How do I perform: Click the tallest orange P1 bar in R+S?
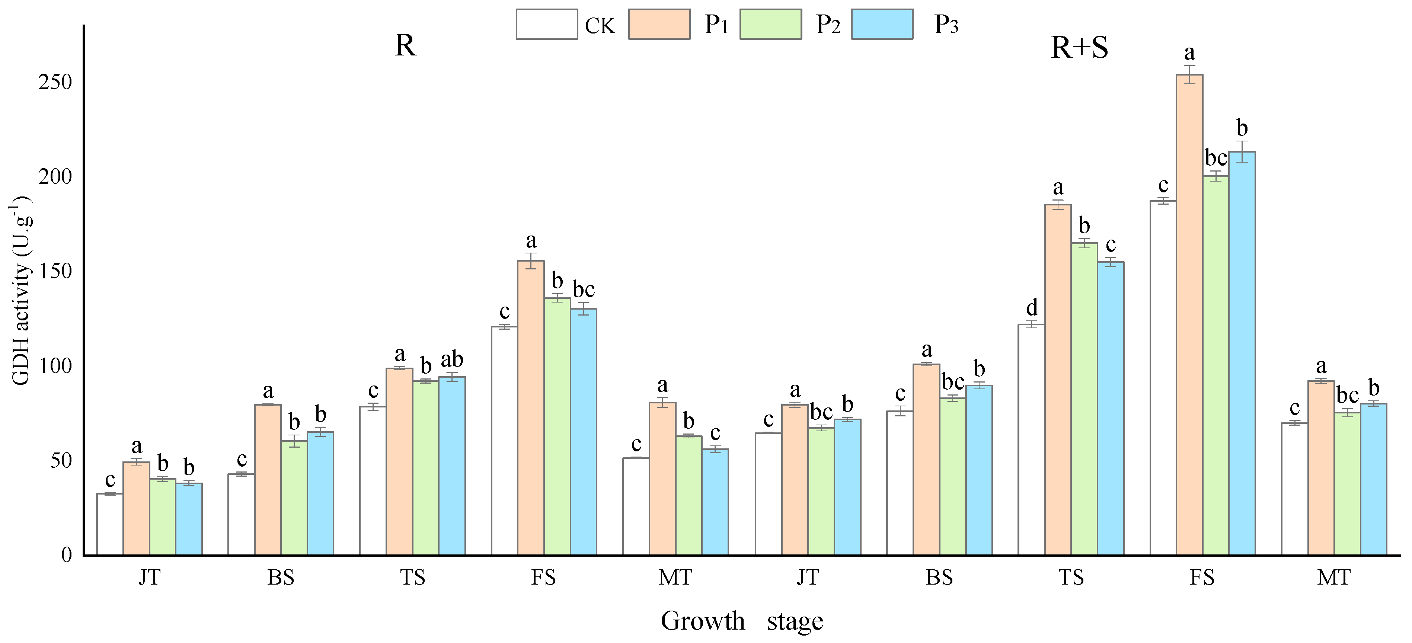pyautogui.click(x=1189, y=315)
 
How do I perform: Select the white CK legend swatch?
pyautogui.click(x=546, y=24)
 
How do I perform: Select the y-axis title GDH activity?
pyautogui.click(x=21, y=291)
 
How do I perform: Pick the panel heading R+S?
pyautogui.click(x=1079, y=47)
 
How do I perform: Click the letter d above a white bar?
pyautogui.click(x=1032, y=307)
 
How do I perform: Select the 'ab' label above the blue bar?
pyautogui.click(x=452, y=359)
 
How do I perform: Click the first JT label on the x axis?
pyautogui.click(x=149, y=577)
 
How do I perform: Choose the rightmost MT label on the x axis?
pyautogui.click(x=1333, y=577)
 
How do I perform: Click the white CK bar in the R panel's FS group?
pyautogui.click(x=504, y=441)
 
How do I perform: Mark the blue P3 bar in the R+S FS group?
pyautogui.click(x=1242, y=354)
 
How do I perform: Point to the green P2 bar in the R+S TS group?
pyautogui.click(x=1084, y=399)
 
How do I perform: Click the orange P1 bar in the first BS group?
pyautogui.click(x=268, y=480)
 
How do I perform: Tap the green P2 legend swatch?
pyautogui.click(x=770, y=24)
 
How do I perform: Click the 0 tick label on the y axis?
pyautogui.click(x=66, y=555)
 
